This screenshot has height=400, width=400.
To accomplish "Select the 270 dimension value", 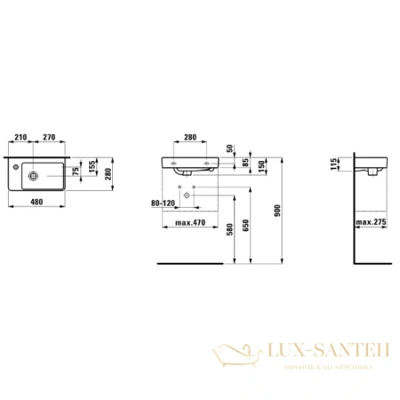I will click(x=50, y=139).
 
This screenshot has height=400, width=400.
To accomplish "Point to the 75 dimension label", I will click(x=76, y=170).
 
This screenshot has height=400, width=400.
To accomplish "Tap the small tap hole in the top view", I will click(x=17, y=164).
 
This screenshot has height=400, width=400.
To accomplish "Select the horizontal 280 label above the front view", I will click(x=188, y=139).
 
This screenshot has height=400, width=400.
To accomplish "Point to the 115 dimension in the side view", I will click(x=335, y=164).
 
